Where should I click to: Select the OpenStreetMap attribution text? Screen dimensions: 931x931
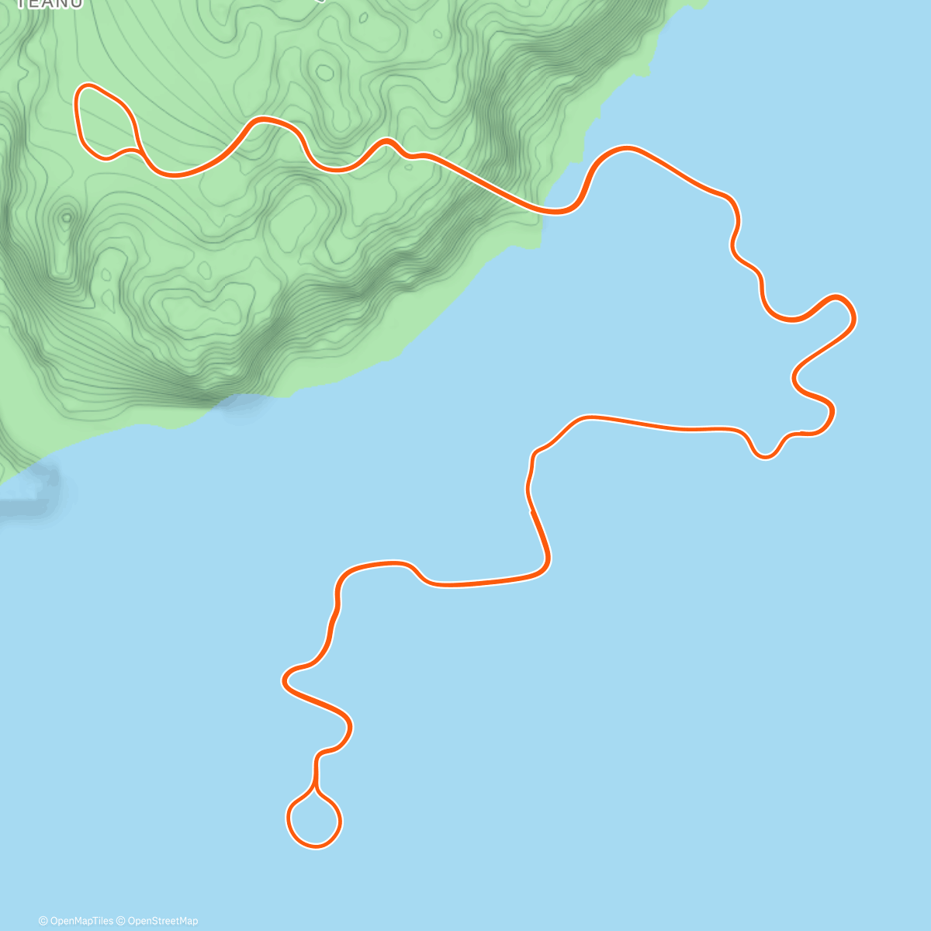pos(162,921)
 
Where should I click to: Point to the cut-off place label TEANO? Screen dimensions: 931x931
pos(50,4)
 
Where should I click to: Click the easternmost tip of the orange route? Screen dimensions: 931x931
pos(853,314)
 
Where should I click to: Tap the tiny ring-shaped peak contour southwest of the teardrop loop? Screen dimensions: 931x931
pos(67,217)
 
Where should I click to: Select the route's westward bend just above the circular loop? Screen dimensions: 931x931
pos(286,680)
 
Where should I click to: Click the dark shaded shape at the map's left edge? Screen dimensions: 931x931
pos(31,489)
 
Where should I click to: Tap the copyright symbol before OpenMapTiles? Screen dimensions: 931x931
pos(43,921)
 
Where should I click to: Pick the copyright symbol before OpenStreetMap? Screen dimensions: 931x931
pos(121,921)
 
